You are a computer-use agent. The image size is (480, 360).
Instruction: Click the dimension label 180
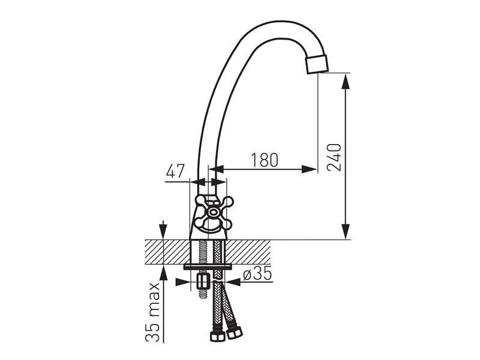coord(265,160)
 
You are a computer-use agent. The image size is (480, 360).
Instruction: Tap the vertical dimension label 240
coord(334,157)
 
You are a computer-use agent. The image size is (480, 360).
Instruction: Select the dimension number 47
coord(175,171)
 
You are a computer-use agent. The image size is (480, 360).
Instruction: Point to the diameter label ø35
coord(257,273)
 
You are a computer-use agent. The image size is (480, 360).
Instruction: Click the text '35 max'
coord(152,312)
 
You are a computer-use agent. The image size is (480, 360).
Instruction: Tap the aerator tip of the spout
coord(317,64)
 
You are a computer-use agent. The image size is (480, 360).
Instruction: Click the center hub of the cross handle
coord(212,212)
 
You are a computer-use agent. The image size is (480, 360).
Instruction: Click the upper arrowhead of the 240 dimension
coord(346,81)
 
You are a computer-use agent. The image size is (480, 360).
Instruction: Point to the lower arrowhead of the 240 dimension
coord(346,232)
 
